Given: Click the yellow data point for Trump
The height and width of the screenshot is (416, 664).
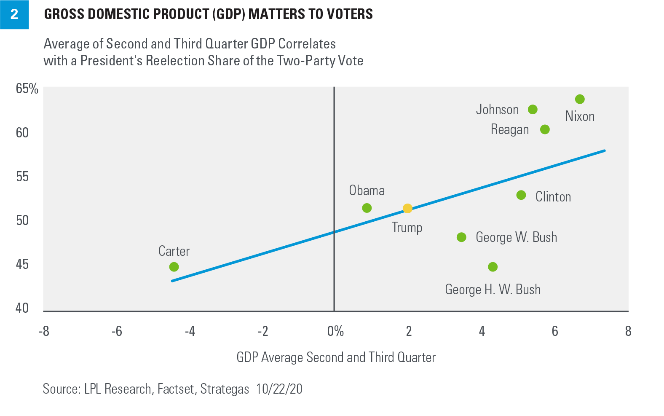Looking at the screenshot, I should click(407, 208).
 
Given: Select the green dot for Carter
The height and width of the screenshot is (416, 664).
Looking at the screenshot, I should click(174, 267).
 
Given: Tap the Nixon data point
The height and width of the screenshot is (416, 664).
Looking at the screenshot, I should click(580, 99).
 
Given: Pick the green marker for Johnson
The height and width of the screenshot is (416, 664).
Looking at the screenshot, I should click(533, 110).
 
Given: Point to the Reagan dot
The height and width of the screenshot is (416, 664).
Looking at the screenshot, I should click(545, 129).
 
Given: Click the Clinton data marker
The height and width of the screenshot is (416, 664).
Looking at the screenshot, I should click(521, 195).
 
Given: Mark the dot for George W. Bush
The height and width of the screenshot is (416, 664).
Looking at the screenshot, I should click(461, 237).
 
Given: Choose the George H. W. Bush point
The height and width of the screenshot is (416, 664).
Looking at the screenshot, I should click(493, 267).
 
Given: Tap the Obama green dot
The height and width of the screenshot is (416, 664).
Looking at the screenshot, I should click(367, 208).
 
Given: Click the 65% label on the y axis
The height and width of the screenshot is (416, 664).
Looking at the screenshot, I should click(27, 89).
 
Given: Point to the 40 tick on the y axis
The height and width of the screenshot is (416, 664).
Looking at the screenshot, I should click(22, 308).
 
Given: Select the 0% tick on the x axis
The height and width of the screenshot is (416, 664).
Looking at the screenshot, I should click(335, 331).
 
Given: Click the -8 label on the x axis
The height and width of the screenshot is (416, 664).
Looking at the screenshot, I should click(44, 331).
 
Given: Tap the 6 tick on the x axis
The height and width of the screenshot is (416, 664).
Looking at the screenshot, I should click(555, 331).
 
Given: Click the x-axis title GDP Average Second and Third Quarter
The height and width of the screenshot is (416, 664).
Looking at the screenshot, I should click(336, 357).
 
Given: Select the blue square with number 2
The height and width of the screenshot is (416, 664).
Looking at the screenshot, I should click(14, 14).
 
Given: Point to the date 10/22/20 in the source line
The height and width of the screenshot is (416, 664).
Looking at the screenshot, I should click(279, 389).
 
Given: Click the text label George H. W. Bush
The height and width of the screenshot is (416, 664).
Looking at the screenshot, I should click(493, 290).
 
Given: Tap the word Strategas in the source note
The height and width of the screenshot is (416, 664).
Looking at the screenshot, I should click(225, 389).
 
